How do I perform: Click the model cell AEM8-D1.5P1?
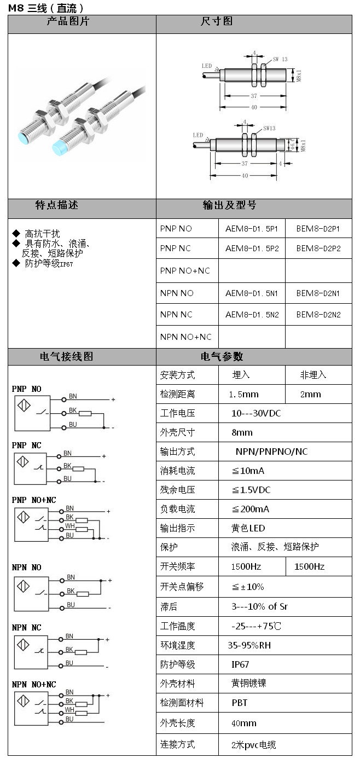pos(252,229)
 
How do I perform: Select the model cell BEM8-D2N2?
pos(318,315)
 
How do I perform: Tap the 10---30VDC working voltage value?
pos(256,413)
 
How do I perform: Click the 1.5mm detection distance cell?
pos(244,394)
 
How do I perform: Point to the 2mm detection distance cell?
pos(310,394)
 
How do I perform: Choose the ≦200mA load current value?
pos(251,509)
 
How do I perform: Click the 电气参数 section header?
pos(222,357)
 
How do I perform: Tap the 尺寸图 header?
pos(217,21)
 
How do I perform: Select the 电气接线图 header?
pos(67,357)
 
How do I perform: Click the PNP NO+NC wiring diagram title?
pos(34,500)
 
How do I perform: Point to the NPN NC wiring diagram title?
pos(27,627)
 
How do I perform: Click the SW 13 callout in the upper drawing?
pos(280,59)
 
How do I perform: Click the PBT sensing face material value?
pos(240,703)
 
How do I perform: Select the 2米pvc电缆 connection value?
pos(254,744)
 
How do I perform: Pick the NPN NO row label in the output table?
pos(177,293)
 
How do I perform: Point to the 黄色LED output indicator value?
pos(248,528)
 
